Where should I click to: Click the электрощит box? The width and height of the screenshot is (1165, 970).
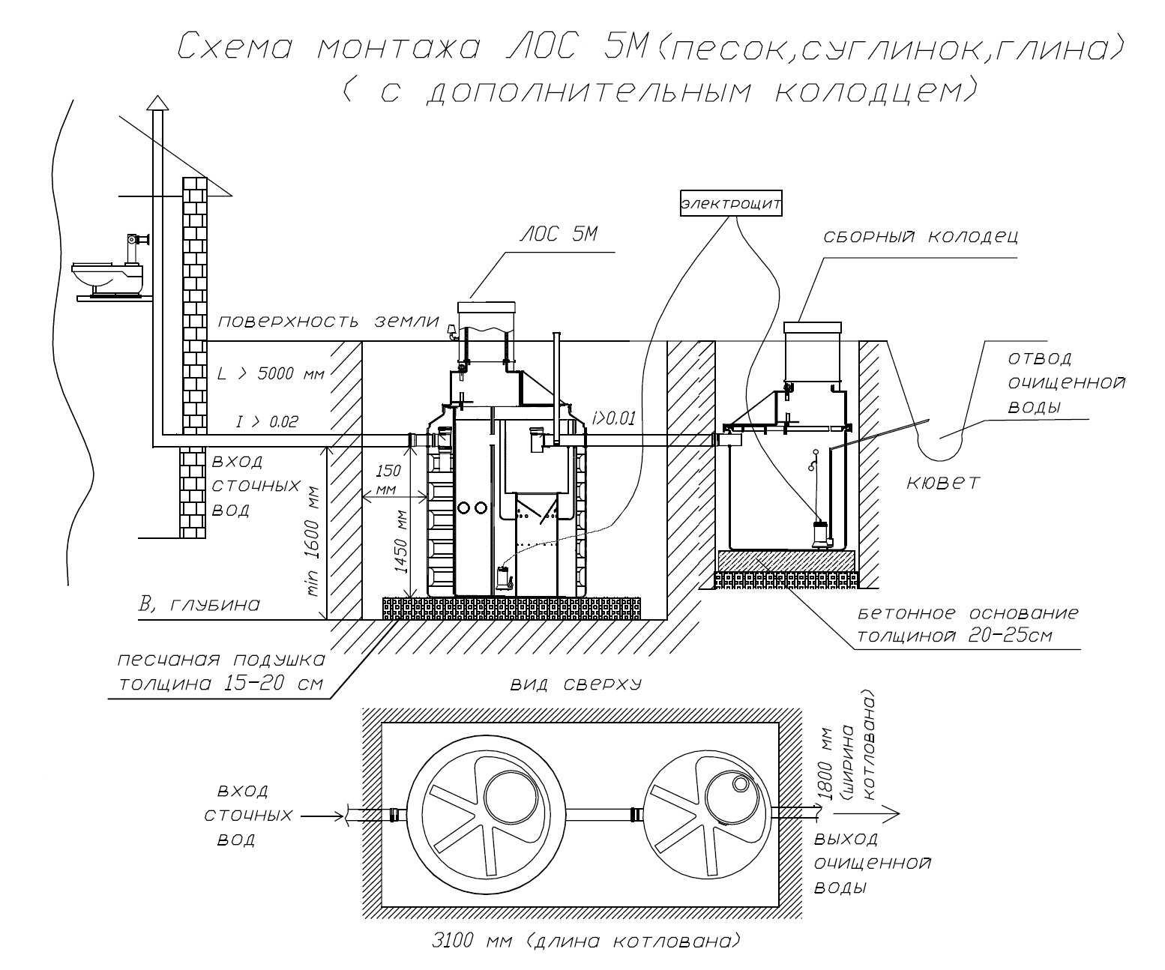[731, 204]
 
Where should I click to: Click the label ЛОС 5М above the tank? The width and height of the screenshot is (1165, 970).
[559, 235]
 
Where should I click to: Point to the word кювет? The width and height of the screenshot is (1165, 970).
[942, 482]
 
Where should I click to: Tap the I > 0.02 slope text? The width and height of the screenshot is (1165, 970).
[267, 423]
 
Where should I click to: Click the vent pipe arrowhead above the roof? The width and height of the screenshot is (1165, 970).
[156, 102]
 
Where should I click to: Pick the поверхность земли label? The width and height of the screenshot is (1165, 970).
[328, 322]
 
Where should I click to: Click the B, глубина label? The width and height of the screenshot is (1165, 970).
[199, 604]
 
